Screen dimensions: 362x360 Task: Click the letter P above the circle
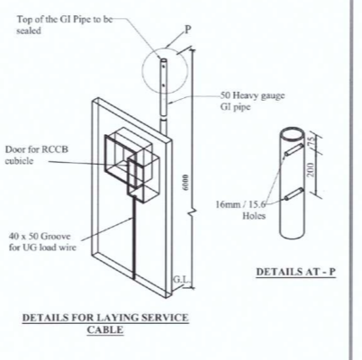tap(187, 30)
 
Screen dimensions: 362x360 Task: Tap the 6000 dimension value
tap(186, 182)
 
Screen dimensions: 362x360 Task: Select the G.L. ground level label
tap(181, 280)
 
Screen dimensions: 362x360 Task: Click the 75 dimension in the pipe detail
tap(311, 141)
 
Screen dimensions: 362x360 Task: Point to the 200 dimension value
tap(311, 169)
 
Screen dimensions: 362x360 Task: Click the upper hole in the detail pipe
tap(294, 149)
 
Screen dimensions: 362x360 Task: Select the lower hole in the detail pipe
tap(294, 193)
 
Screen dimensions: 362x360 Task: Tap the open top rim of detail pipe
tap(293, 133)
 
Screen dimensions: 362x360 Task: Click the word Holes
tap(254, 215)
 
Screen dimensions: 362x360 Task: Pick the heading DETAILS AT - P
tap(295, 272)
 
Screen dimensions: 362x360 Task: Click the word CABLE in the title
tap(105, 329)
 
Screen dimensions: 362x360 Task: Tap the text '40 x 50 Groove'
tap(40, 236)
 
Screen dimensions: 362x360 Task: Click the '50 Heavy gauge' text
tap(252, 95)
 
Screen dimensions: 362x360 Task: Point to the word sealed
tap(29, 31)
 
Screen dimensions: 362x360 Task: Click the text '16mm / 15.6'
tap(240, 204)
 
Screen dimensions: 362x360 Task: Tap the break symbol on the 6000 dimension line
tap(192, 212)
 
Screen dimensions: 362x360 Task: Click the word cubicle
tap(19, 160)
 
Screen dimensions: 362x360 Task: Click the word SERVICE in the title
tap(165, 318)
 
